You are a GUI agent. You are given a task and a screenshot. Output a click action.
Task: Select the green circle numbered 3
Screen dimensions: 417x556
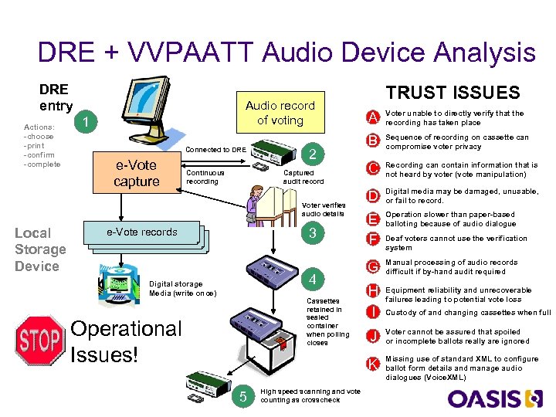[311, 233]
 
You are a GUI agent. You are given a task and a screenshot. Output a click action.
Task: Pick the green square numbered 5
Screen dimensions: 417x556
[242, 397]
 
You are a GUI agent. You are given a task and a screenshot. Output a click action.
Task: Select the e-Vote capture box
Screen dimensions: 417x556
[136, 173]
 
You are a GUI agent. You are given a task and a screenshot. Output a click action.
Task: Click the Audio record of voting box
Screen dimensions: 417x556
[280, 113]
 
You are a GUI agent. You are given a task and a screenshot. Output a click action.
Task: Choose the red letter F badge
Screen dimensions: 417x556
[373, 239]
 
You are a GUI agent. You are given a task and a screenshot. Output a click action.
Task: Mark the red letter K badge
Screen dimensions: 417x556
[373, 364]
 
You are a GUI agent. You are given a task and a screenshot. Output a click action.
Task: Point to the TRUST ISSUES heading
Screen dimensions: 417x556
[453, 93]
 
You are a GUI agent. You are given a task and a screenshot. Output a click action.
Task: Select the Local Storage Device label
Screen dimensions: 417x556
[40, 249]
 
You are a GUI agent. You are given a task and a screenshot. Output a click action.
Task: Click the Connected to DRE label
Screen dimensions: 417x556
[216, 149]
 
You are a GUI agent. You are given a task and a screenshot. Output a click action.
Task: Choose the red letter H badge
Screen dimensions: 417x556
[373, 291]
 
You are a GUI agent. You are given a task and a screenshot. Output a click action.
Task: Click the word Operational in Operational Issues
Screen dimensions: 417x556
[126, 329]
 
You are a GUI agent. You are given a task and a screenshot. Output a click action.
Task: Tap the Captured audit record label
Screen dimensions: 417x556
[304, 178]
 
